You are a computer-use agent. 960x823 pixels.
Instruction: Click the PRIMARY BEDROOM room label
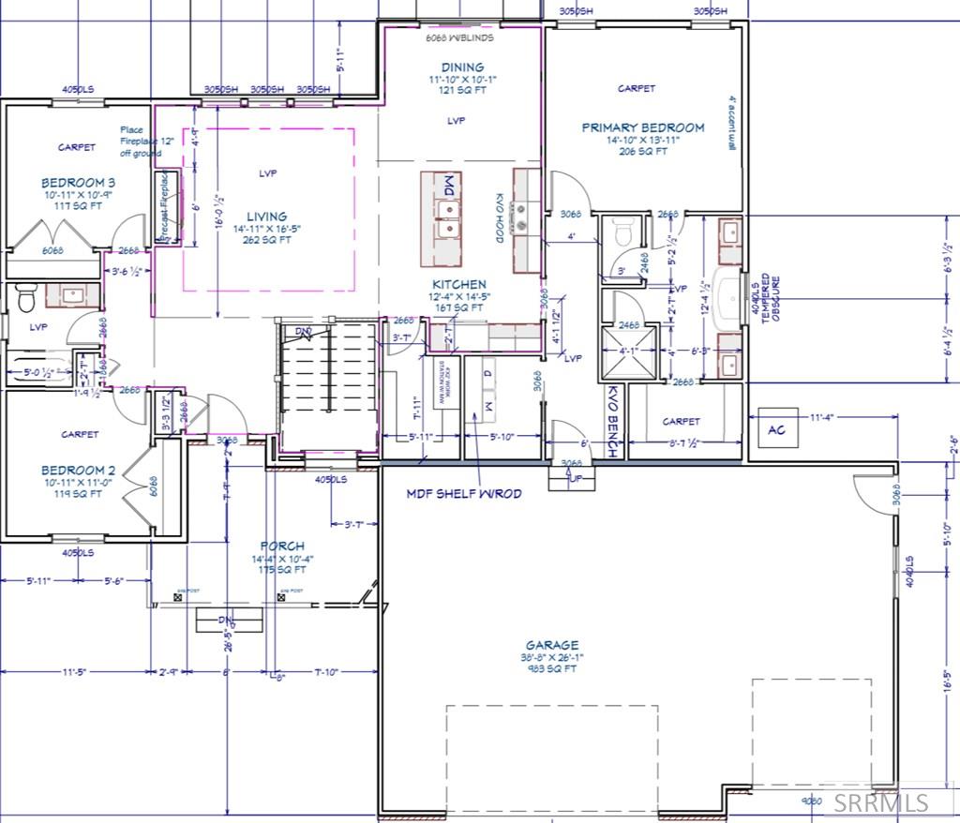point(642,127)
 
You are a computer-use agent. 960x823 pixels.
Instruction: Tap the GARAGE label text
point(551,645)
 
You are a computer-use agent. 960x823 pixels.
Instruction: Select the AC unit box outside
point(776,427)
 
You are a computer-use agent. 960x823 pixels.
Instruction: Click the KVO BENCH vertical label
point(613,422)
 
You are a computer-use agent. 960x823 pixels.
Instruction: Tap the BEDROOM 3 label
point(78,182)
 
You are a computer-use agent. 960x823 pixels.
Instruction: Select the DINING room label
point(463,67)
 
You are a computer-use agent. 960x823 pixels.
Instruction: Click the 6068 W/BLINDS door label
point(459,38)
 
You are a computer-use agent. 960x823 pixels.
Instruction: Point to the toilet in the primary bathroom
point(620,232)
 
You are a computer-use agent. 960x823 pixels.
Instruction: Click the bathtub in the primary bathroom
point(727,299)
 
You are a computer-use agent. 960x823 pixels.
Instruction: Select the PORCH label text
point(282,546)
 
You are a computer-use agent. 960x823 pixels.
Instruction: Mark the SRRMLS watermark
point(881,802)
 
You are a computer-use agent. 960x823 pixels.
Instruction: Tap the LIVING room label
point(267,217)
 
